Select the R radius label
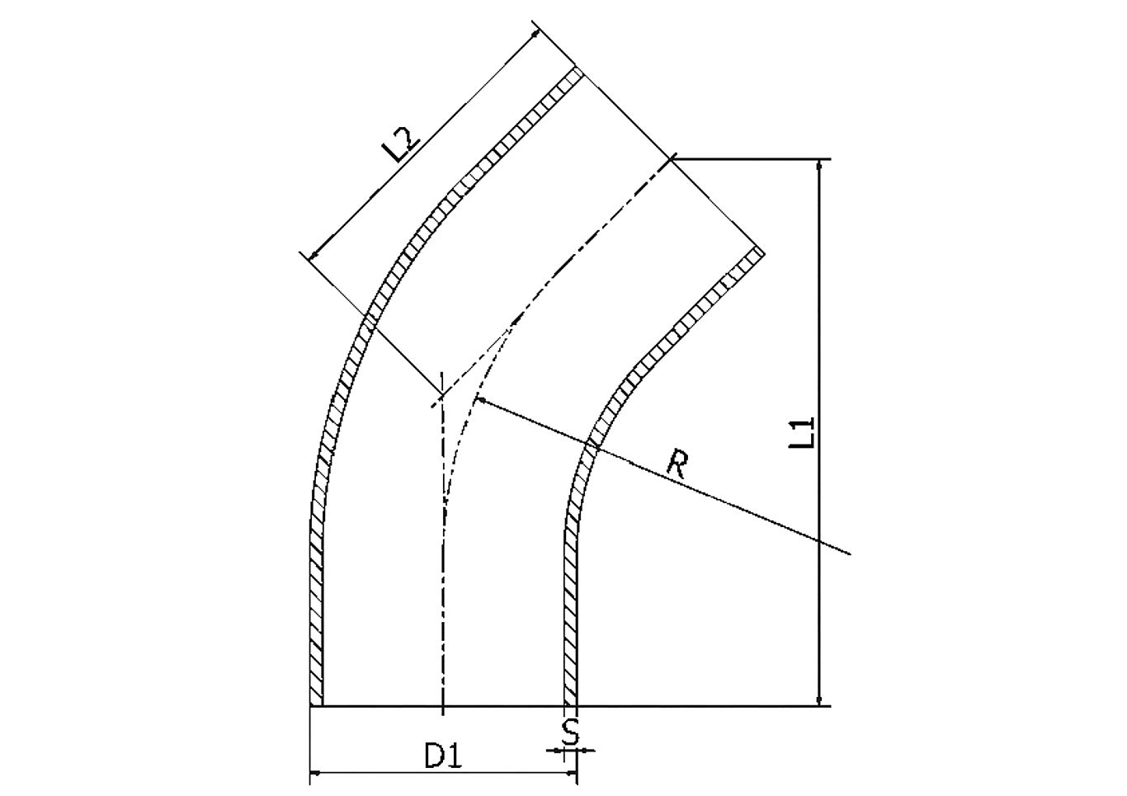[x=677, y=464]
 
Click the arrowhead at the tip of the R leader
[x=482, y=400]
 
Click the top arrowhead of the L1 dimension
[x=819, y=166]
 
